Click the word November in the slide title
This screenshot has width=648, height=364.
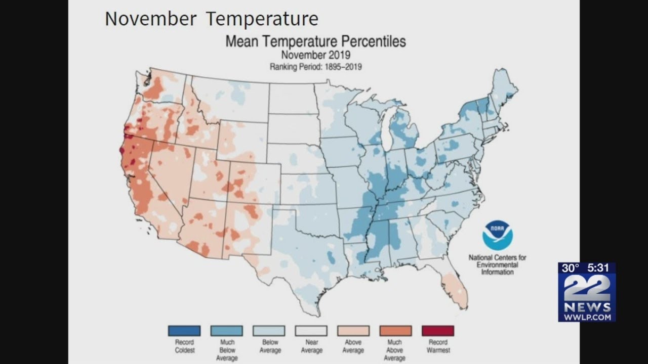pos(150,19)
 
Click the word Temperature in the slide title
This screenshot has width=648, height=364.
pos(262,19)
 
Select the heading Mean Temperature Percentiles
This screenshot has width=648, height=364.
pos(315,41)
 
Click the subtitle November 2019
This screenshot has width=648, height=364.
pos(315,55)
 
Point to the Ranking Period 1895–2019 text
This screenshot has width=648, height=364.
pos(315,66)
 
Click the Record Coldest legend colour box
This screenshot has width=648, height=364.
pos(184,331)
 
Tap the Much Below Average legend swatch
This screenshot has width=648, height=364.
pos(226,331)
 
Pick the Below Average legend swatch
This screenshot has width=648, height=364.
pos(268,331)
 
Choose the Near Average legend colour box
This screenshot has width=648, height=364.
pos(311,331)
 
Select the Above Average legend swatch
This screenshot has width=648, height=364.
pos(353,331)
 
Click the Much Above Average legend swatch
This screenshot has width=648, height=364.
pos(395,331)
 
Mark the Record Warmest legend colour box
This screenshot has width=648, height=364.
pos(437,331)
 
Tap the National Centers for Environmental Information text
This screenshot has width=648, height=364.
pos(497,264)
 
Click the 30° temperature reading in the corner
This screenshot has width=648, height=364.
pos(571,268)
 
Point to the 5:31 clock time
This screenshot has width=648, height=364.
pos(599,268)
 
